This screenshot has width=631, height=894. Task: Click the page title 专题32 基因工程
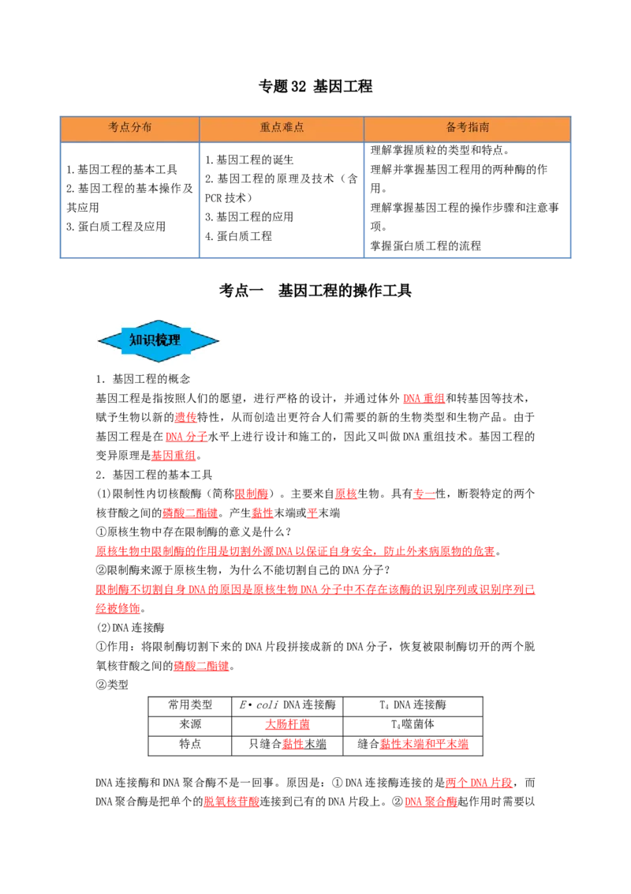315,87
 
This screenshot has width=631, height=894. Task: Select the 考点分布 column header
130,127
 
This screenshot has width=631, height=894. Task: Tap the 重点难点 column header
282,127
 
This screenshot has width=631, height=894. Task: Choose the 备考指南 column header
468,127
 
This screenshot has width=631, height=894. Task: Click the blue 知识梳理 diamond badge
159,341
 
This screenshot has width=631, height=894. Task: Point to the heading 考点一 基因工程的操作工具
315,291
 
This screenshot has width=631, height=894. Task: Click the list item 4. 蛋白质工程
239,236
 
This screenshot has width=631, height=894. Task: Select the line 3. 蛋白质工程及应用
116,227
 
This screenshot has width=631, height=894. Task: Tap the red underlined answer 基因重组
174,456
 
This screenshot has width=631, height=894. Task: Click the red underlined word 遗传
185,417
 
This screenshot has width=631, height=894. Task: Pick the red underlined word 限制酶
252,494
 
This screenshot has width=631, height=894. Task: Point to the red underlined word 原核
345,494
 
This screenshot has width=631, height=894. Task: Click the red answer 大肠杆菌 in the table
288,724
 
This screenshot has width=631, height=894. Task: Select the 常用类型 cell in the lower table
190,704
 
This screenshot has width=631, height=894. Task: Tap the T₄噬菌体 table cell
413,724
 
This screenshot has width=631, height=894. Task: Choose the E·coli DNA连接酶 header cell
288,704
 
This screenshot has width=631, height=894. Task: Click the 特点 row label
190,743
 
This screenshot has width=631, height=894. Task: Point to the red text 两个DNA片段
479,783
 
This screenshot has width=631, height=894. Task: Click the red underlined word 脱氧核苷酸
232,802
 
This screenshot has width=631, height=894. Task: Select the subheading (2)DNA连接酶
130,628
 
